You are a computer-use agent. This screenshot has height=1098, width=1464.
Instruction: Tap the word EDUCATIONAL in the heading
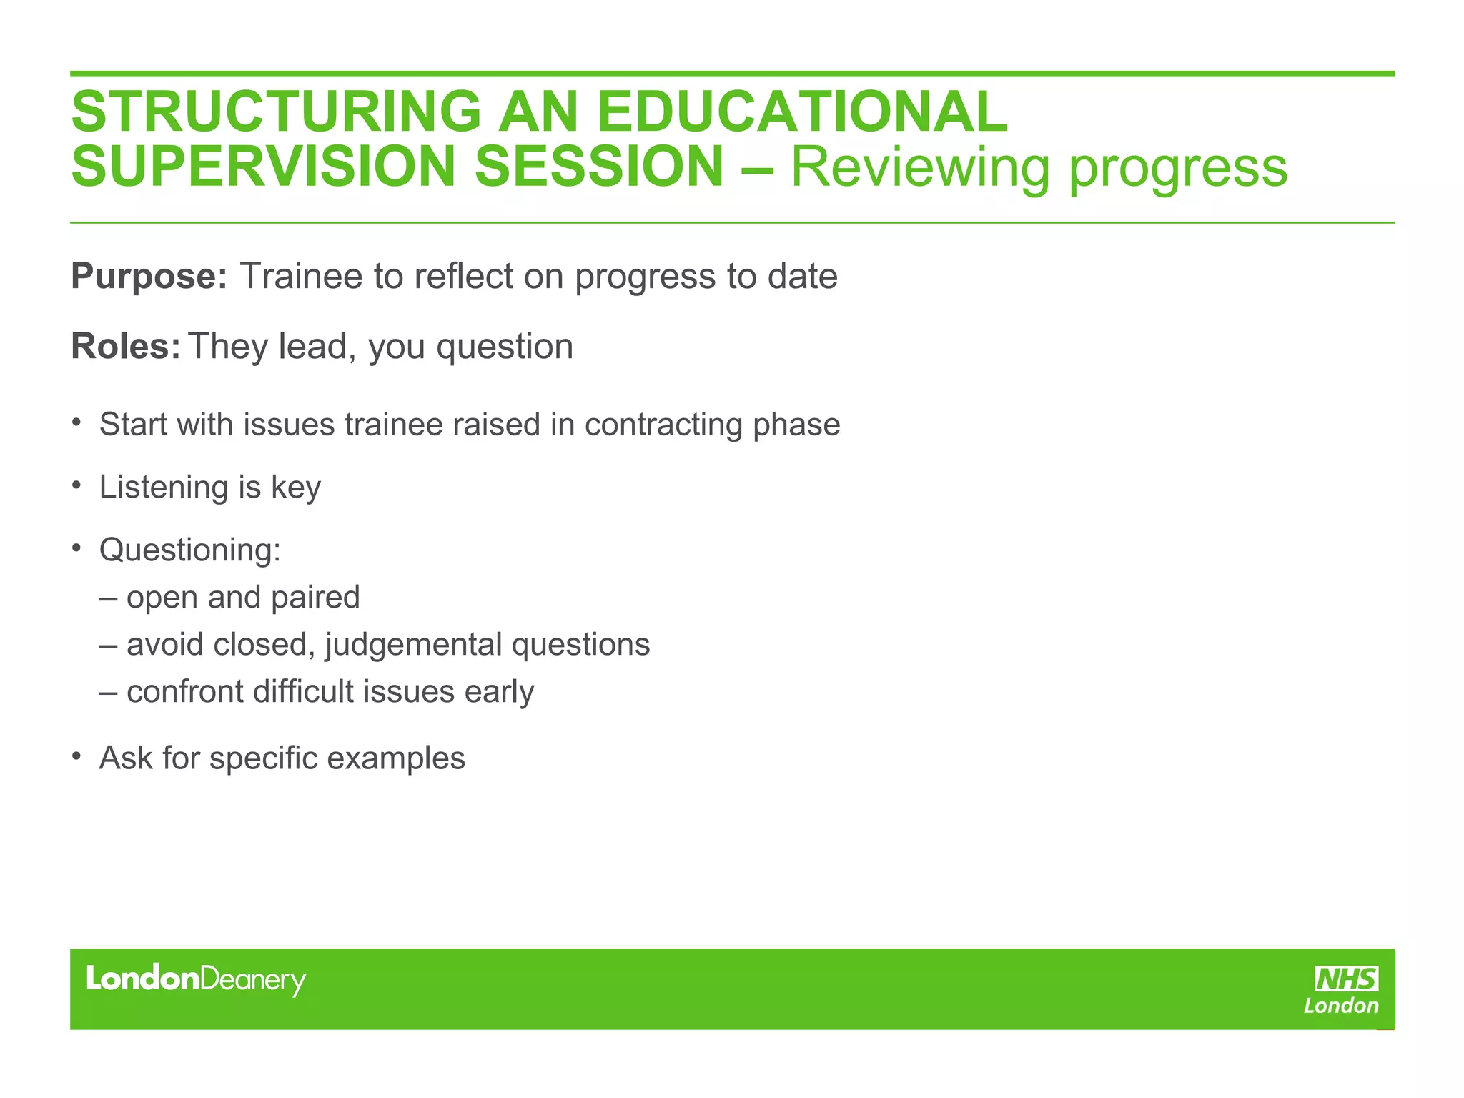pos(801,112)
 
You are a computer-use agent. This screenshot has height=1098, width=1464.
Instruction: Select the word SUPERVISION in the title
pos(263,167)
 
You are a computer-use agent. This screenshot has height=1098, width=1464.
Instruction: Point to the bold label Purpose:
pos(149,277)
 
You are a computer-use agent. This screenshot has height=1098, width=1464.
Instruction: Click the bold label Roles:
pos(126,347)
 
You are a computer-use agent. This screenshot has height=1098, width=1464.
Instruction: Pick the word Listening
pos(163,488)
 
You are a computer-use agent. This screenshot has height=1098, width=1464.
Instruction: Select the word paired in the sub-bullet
pos(315,598)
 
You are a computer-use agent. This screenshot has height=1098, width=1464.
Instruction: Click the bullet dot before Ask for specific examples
pos(76,756)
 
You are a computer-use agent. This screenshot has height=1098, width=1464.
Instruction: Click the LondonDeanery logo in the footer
pos(196,980)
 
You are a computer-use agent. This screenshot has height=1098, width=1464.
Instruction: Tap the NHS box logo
pos(1346,978)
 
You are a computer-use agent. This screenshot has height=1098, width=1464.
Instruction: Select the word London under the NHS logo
pos(1340,1006)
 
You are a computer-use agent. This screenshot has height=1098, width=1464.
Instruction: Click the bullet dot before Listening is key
pos(76,485)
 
